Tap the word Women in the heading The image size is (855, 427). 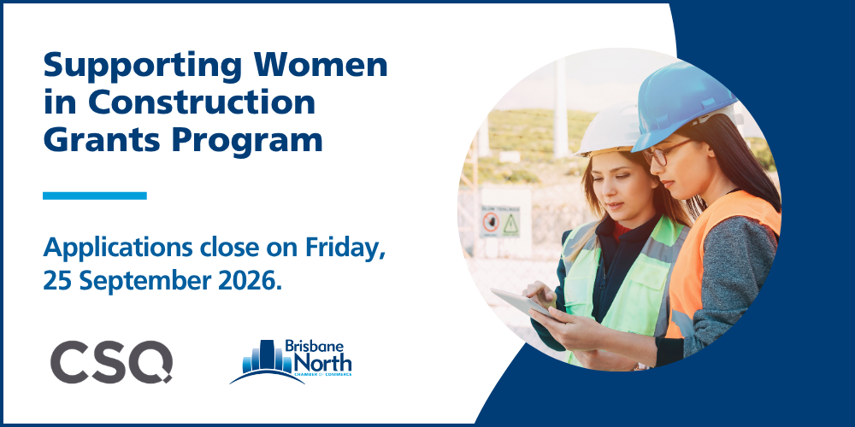(x=319, y=64)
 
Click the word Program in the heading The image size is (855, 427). (x=247, y=142)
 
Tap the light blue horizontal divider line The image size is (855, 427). (x=95, y=196)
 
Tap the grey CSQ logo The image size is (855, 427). (x=112, y=361)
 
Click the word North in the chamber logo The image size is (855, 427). (x=322, y=361)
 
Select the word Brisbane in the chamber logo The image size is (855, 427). (x=315, y=347)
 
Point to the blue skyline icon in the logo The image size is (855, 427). (x=267, y=359)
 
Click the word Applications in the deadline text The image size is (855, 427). (x=117, y=249)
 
